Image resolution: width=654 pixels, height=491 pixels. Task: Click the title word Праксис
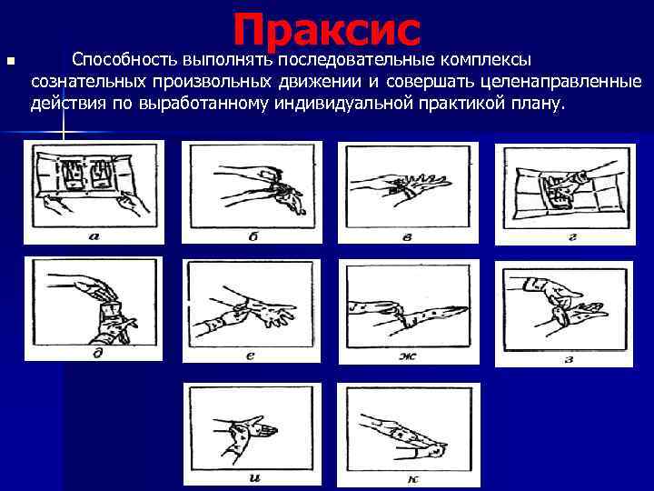pos(327,29)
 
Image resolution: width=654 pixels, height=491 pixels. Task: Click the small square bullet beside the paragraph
pos(10,62)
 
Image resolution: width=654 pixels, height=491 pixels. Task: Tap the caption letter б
pos(252,237)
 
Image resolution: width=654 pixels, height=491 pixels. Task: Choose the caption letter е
pos(251,355)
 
